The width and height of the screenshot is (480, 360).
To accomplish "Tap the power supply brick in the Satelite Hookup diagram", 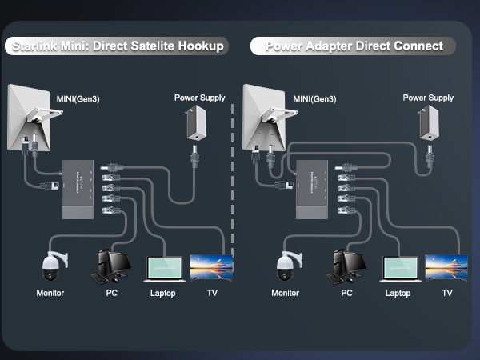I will tap(194, 123).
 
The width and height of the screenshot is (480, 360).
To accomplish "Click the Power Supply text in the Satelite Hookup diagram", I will tap(199, 98).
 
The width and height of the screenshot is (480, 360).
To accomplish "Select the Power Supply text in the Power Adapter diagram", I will tap(428, 98).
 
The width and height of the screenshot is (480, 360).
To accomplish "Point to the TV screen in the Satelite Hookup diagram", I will tap(210, 266).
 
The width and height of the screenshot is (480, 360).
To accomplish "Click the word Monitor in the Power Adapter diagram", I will tap(285, 293).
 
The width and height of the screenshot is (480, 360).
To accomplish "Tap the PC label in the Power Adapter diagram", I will tap(346, 293).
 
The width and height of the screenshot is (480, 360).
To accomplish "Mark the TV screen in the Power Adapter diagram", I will tap(446, 266).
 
